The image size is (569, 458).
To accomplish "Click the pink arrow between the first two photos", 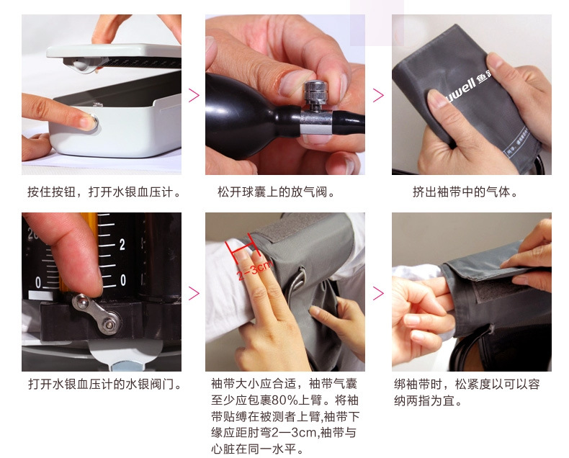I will pyautogui.click(x=193, y=95).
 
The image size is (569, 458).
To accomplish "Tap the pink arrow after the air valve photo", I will pyautogui.click(x=378, y=95).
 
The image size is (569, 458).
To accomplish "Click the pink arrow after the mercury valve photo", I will pyautogui.click(x=193, y=292).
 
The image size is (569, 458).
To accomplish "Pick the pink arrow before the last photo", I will pyautogui.click(x=378, y=292).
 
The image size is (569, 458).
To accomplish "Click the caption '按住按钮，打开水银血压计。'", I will pyautogui.click(x=104, y=192).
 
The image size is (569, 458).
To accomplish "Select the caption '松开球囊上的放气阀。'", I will pyautogui.click(x=276, y=192).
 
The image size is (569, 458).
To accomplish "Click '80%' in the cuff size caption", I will pyautogui.click(x=278, y=400).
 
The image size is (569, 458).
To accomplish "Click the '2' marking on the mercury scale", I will pyautogui.click(x=122, y=244).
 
